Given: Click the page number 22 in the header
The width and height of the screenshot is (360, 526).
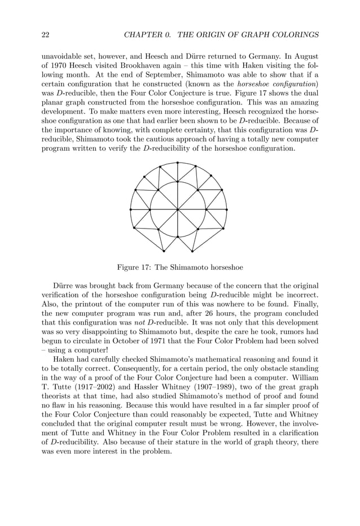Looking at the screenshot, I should (x=46, y=35).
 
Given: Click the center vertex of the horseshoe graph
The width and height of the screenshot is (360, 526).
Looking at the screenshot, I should (x=178, y=209).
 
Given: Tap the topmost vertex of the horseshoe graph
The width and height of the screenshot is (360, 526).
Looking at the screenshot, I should (x=178, y=163).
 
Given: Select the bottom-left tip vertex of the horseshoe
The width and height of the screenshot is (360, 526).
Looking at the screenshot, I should (x=164, y=251).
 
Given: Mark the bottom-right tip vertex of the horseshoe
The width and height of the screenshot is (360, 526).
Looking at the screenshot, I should (x=192, y=251).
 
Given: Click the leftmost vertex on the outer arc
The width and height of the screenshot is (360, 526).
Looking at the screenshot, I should (x=130, y=209).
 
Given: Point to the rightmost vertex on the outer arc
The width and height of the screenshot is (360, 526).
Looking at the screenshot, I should (x=226, y=209).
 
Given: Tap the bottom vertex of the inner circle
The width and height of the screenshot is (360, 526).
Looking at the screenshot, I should (x=178, y=236).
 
